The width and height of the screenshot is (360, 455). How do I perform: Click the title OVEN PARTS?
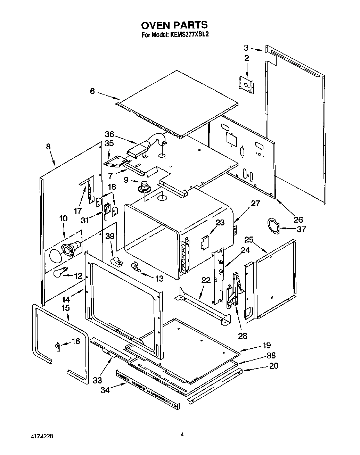(x=174, y=25)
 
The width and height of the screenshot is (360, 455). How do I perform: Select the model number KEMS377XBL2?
(x=189, y=35)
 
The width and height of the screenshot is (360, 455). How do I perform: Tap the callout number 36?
(x=109, y=134)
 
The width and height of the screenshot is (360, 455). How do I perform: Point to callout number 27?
(x=255, y=204)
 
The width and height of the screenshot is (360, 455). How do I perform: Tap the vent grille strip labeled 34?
(x=148, y=388)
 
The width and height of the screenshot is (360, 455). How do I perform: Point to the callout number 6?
(x=92, y=91)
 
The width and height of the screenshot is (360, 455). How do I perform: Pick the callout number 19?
(x=267, y=346)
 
